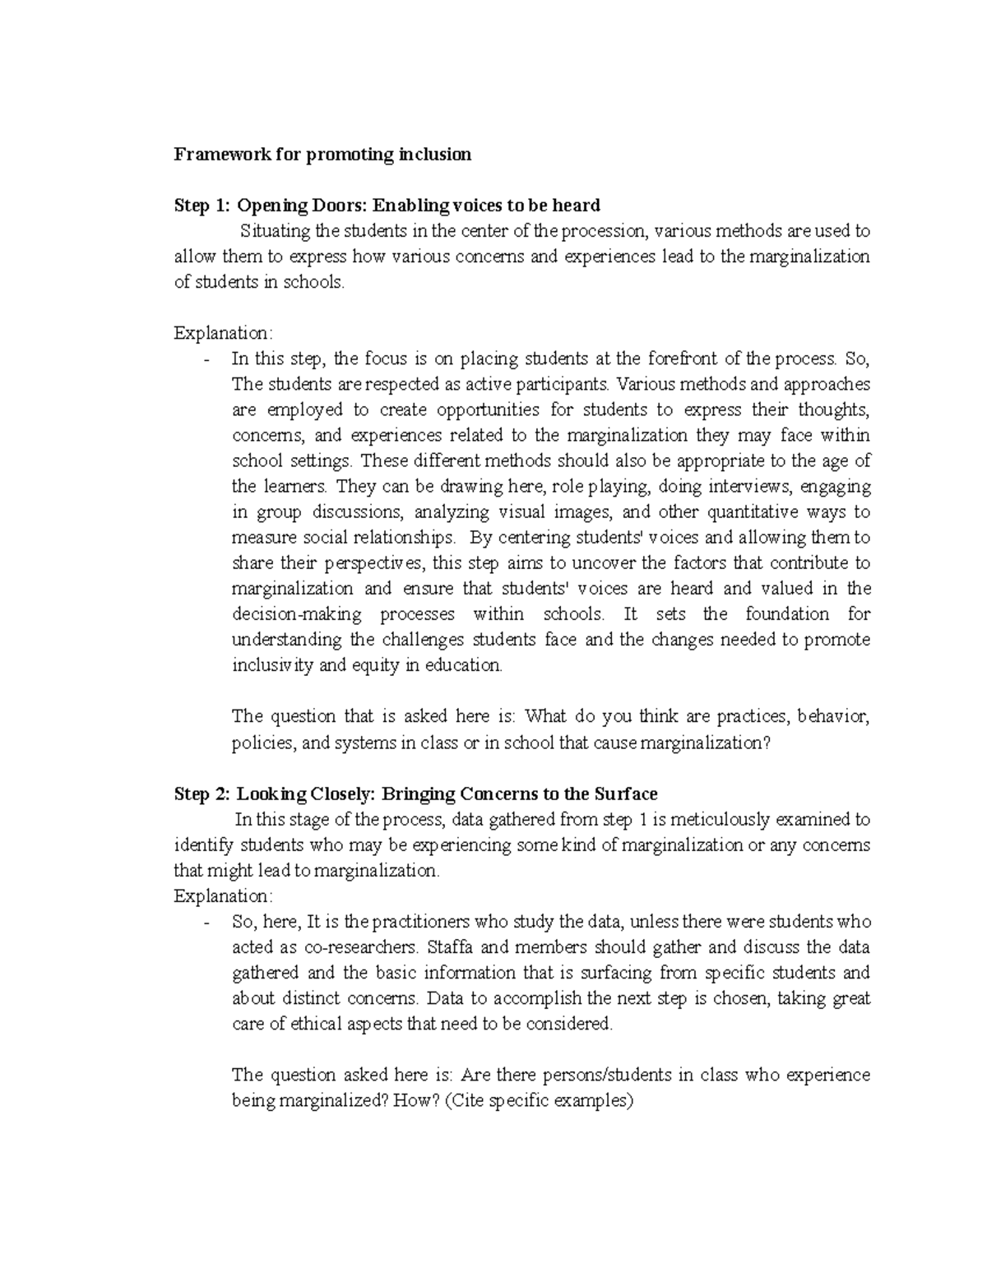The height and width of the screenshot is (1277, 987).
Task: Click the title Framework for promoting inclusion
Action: point(322,155)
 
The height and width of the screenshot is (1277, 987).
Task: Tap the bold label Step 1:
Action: point(202,205)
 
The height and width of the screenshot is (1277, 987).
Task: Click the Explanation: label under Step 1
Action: point(221,333)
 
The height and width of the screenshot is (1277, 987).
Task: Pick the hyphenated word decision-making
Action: point(295,614)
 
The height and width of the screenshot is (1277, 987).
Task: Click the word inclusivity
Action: point(272,665)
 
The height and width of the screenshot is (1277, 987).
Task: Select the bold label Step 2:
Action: point(202,793)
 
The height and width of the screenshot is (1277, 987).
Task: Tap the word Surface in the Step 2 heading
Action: point(626,793)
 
